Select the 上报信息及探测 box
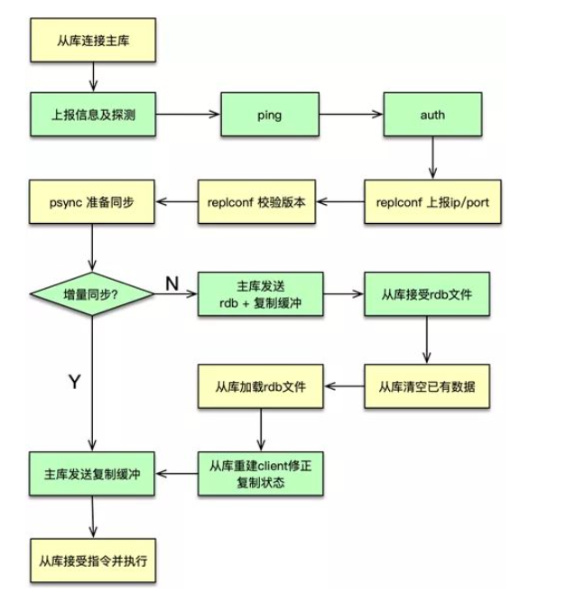point(92,115)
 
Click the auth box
point(431,115)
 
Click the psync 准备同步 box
point(92,200)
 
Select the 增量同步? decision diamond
point(90,294)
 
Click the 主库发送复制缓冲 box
point(92,470)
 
